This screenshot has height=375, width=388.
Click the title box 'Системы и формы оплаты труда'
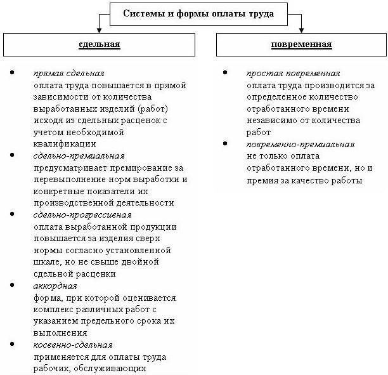tap(198, 13)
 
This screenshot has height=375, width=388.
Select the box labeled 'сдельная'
tap(99, 44)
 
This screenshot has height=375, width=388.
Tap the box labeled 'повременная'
tap(301, 44)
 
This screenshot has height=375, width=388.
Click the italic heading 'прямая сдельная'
tap(69, 73)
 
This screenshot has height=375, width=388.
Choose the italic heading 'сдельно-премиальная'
tap(79, 155)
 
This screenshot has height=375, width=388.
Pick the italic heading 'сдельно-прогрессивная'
tap(82, 215)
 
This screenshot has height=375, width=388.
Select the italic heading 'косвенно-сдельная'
tap(74, 345)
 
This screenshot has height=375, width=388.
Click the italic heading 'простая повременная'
tap(293, 73)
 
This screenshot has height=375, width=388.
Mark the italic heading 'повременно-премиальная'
tap(300, 144)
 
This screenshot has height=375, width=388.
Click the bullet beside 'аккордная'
tap(12, 286)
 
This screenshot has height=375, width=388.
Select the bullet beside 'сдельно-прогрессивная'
tap(12, 215)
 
